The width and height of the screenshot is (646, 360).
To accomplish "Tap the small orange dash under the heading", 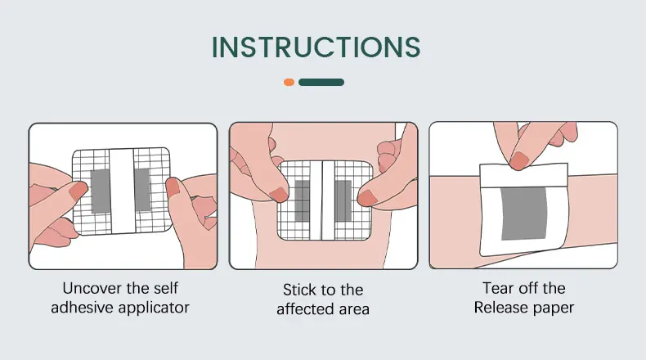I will click(x=289, y=82).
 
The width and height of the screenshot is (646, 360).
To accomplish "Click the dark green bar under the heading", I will click(x=321, y=82).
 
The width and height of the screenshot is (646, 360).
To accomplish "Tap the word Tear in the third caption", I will click(x=499, y=288).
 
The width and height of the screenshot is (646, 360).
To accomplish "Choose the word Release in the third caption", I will click(x=502, y=308).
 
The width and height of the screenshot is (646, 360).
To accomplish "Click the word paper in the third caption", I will click(x=555, y=308).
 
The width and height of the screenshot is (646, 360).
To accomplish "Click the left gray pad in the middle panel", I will click(x=303, y=200).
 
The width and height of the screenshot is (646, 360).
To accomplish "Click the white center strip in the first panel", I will click(x=122, y=194).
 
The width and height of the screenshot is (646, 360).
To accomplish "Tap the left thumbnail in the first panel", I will click(x=78, y=192).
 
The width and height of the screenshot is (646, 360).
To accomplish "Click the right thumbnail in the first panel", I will click(x=173, y=188).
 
